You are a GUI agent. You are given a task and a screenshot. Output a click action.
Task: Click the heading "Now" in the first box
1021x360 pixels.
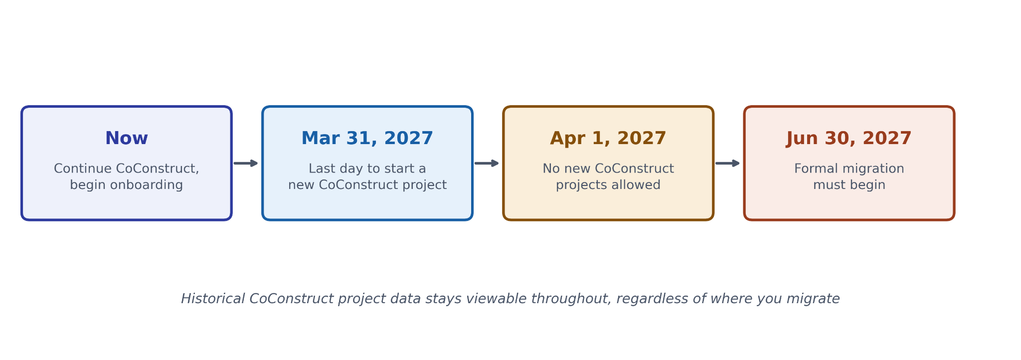coord(127,139)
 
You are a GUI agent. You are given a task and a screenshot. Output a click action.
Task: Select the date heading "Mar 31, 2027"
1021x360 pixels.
coord(367,139)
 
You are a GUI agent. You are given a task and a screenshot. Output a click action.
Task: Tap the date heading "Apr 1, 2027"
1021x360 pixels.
coord(608,139)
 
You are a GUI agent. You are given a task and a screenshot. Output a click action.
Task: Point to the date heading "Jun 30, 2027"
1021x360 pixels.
coord(849,139)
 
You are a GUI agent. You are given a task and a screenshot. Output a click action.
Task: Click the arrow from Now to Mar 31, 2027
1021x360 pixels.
coord(246,163)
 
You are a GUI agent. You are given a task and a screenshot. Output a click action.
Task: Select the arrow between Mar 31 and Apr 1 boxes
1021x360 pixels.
coord(487,163)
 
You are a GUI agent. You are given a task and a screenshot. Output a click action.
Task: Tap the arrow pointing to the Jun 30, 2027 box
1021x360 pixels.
coord(727,163)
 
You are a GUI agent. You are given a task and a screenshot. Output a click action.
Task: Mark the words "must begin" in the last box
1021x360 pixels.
coord(849,185)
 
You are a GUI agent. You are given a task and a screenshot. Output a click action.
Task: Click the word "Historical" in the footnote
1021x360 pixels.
coord(213,299)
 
